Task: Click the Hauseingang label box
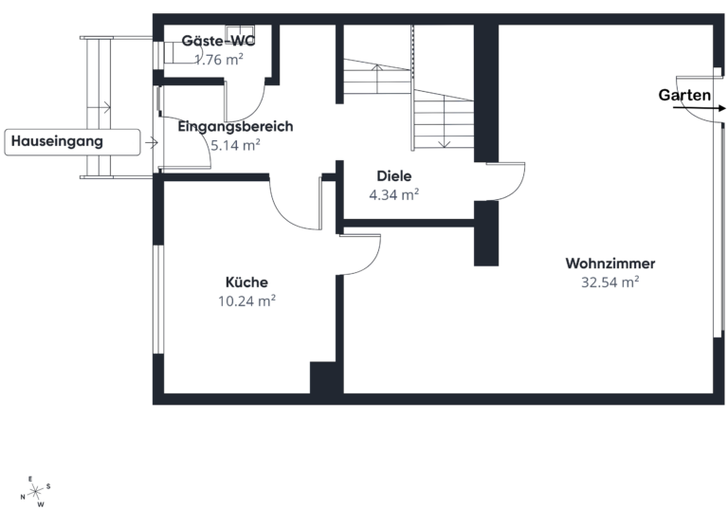point(72,142)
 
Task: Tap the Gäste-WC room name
point(218,41)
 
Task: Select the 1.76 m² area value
point(219,60)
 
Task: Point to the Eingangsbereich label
point(235,127)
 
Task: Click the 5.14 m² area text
point(235,145)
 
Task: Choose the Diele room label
point(394,176)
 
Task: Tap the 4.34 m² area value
point(394,194)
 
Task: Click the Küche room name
point(246,282)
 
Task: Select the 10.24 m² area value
point(247,301)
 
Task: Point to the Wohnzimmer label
point(610,264)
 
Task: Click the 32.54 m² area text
point(610,282)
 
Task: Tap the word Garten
point(684,95)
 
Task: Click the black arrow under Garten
point(700,108)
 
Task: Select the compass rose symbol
point(35,491)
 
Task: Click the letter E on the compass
point(30,479)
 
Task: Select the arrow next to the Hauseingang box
point(152,142)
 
